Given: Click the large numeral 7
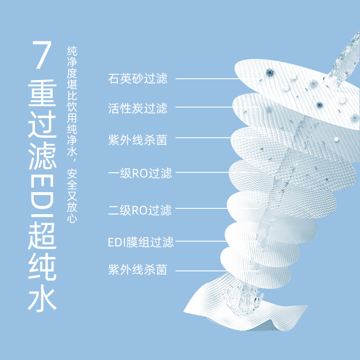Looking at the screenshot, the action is click(x=42, y=54).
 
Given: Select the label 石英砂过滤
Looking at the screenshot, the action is click(x=138, y=78).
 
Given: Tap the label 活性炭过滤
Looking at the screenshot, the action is click(x=138, y=108).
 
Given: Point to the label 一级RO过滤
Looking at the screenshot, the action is click(x=140, y=173).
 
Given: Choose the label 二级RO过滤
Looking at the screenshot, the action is click(x=140, y=210).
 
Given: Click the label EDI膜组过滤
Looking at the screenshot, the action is click(x=141, y=242).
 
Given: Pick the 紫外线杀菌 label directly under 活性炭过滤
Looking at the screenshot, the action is click(x=138, y=140).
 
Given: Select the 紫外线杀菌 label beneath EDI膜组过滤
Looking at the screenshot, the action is click(x=138, y=270).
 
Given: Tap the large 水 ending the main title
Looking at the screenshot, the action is click(x=42, y=298).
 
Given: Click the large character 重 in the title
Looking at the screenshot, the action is click(x=42, y=93).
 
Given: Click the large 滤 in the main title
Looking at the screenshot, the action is click(x=42, y=156).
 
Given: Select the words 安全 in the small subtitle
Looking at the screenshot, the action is click(x=72, y=180).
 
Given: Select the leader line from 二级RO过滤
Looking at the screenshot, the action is click(x=217, y=208).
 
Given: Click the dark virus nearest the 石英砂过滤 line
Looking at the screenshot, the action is click(x=270, y=72).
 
